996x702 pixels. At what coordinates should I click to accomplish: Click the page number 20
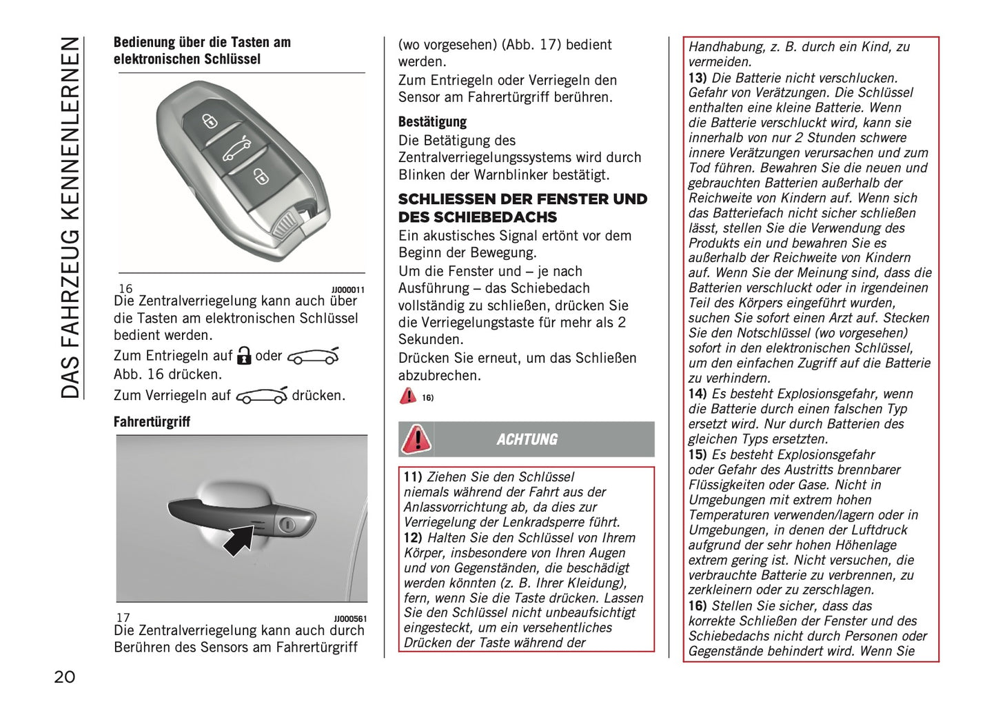click(x=64, y=676)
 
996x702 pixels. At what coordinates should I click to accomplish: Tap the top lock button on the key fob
click(x=209, y=121)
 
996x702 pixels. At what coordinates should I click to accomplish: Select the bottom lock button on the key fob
click(x=260, y=177)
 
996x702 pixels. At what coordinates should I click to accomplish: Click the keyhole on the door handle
click(x=287, y=525)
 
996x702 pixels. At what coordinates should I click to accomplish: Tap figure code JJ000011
click(x=347, y=290)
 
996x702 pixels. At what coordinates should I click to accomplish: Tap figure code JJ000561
click(x=350, y=619)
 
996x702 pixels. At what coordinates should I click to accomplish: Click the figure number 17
click(x=123, y=618)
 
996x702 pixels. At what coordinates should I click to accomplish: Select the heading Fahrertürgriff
click(x=152, y=421)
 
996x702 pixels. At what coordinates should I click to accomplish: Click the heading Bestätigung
click(x=432, y=122)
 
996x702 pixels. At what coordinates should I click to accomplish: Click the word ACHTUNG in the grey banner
click(x=527, y=439)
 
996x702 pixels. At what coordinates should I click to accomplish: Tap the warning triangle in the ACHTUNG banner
click(x=416, y=439)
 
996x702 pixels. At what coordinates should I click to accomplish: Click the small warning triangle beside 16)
click(x=407, y=396)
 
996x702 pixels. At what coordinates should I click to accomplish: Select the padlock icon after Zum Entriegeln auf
click(x=243, y=356)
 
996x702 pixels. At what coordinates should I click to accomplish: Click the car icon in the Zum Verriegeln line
click(x=261, y=396)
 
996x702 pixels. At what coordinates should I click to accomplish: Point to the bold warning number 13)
click(x=698, y=78)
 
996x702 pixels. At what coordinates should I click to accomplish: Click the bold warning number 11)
click(x=412, y=477)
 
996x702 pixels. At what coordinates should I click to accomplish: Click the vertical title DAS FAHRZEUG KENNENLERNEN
click(x=70, y=217)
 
